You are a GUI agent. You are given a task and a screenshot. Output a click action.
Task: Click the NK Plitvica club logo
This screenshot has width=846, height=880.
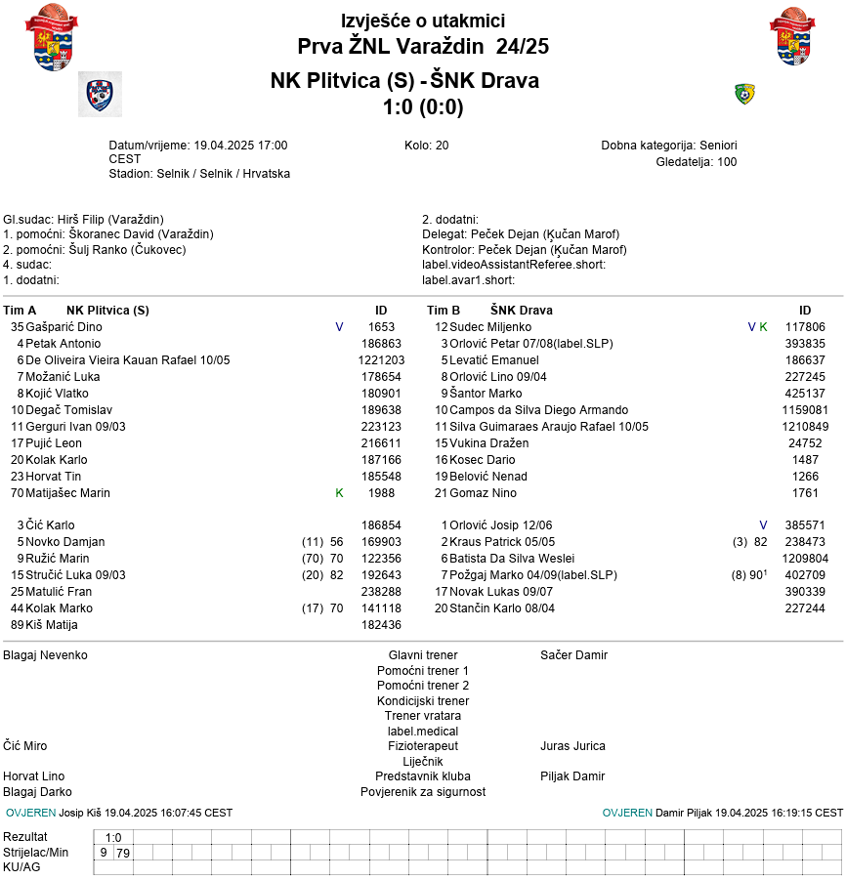[x=100, y=94]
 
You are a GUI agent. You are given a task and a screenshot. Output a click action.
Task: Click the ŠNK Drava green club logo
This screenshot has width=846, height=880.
[x=744, y=94]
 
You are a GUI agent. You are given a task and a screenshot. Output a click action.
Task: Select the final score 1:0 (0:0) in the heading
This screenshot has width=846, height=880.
[x=423, y=106]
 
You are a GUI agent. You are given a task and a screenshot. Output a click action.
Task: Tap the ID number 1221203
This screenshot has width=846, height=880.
[x=381, y=360]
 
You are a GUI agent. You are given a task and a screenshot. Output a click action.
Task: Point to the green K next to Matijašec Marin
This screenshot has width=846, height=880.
[x=339, y=493]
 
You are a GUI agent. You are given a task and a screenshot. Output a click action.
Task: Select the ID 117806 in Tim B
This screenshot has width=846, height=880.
[x=805, y=327]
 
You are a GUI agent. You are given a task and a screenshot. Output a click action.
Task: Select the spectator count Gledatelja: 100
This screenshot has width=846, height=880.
[x=696, y=162]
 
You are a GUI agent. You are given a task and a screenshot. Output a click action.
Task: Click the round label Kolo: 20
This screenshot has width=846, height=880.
[x=426, y=146]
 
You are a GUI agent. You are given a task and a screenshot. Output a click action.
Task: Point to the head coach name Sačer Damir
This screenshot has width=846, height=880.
[x=573, y=655]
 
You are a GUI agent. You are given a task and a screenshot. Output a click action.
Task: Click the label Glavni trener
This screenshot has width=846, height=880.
[x=423, y=655]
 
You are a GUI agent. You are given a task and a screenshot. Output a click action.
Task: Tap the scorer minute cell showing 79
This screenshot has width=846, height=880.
[x=123, y=853]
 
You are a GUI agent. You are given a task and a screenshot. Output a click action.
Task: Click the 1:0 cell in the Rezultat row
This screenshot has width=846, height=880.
[x=113, y=837]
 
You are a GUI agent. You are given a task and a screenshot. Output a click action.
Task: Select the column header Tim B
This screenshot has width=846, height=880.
[x=444, y=311]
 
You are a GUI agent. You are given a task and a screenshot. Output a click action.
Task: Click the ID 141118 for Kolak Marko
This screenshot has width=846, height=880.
[x=381, y=608]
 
